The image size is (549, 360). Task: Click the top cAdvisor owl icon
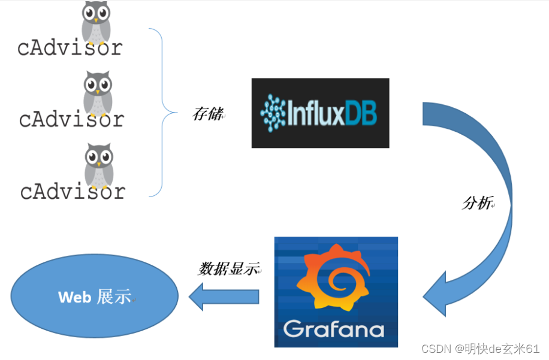point(96,22)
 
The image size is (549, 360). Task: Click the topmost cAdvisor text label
point(70,47)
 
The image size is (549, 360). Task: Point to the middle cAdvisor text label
point(71,119)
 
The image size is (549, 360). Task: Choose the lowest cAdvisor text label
point(73,191)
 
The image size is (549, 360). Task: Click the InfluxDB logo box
point(320,113)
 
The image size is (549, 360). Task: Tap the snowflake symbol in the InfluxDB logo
point(274,113)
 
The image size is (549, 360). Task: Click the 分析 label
point(477,203)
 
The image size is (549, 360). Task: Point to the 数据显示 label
point(228,269)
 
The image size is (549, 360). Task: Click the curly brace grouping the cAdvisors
point(162,112)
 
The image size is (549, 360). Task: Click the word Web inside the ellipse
point(74,297)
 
